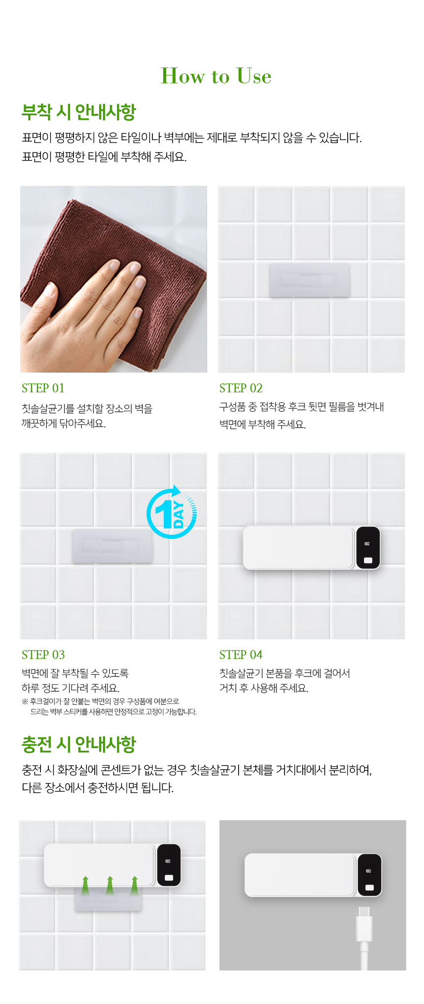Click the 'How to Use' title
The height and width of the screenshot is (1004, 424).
[216, 76]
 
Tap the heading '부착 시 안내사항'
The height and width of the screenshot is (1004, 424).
[79, 112]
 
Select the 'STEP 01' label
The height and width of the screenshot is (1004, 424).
[43, 388]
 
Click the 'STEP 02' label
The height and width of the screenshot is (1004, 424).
[241, 388]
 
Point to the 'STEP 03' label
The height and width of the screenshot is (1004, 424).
[43, 655]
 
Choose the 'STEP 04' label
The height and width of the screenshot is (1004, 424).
[241, 655]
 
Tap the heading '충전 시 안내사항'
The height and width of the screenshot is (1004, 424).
[79, 744]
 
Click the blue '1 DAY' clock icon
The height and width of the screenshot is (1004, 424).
[172, 513]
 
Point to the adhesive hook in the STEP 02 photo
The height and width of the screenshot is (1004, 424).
[309, 280]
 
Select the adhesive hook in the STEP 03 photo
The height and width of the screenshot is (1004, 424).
[112, 546]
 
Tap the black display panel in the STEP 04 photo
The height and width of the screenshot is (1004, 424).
[368, 548]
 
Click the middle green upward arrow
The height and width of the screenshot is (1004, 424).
[110, 886]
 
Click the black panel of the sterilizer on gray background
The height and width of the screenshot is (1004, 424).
[370, 875]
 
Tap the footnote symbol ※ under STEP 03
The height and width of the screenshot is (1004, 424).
[25, 701]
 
